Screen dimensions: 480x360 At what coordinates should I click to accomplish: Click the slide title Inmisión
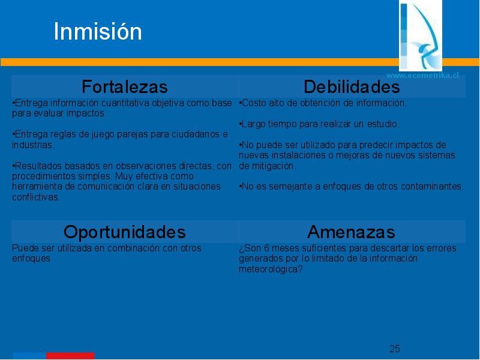click(98, 31)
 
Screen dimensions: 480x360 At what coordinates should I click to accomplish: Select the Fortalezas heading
click(125, 86)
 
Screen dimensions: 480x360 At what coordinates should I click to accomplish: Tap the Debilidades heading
click(352, 86)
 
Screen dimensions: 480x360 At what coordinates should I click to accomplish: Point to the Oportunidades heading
click(125, 232)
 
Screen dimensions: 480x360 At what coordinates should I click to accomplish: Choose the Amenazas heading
click(351, 232)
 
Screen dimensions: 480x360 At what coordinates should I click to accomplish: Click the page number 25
click(395, 349)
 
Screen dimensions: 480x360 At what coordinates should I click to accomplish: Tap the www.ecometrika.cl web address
click(422, 76)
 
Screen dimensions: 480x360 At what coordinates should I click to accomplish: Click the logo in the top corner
click(421, 35)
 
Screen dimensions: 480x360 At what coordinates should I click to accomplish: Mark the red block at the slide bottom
click(70, 356)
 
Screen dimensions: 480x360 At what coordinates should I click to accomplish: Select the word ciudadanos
click(196, 134)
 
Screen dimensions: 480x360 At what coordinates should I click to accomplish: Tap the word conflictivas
click(35, 197)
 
